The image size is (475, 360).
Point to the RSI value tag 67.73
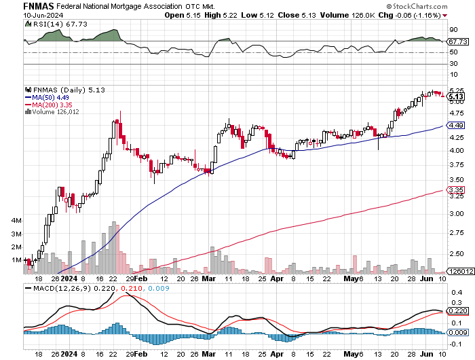[x=457, y=41]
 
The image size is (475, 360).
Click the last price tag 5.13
[x=456, y=97]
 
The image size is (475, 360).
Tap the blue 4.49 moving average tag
[x=456, y=126]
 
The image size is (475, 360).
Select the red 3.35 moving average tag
[x=456, y=190]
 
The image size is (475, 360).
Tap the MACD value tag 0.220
[x=457, y=310]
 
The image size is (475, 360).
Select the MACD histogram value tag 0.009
[x=457, y=332]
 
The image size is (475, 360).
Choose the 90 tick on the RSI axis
[x=453, y=30]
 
